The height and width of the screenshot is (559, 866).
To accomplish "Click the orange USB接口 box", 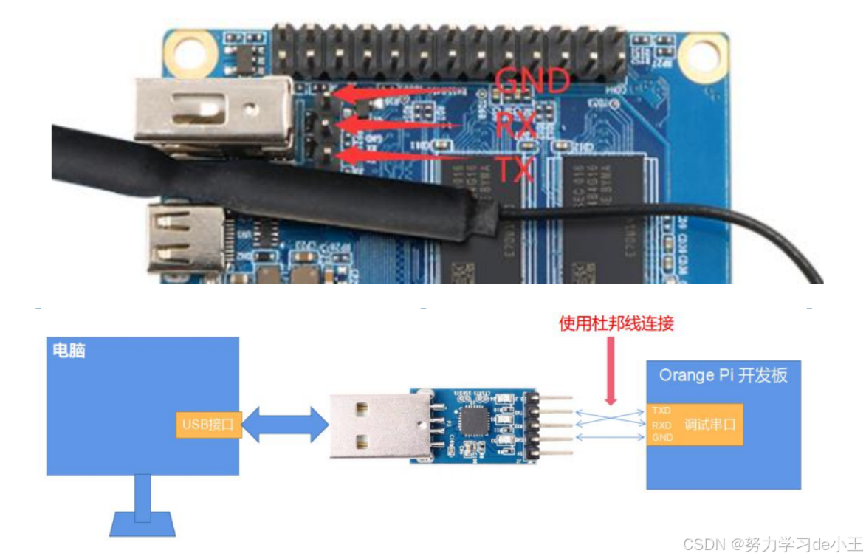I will point(209,425).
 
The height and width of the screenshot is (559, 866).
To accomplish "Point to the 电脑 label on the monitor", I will point(69,350).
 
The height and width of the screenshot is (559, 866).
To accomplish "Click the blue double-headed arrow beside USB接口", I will point(285,425).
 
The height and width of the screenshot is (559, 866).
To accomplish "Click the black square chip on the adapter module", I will point(472,423).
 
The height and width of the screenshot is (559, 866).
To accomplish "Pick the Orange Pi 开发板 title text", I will point(723,375).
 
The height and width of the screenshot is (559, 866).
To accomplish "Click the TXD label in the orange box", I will point(661,410).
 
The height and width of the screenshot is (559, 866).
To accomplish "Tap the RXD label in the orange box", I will point(661,425).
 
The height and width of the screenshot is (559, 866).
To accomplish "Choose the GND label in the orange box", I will point(661,438).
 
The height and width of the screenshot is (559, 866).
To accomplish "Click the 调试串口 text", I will point(709,425).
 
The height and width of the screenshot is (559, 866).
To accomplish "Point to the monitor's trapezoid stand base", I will point(142,524).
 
